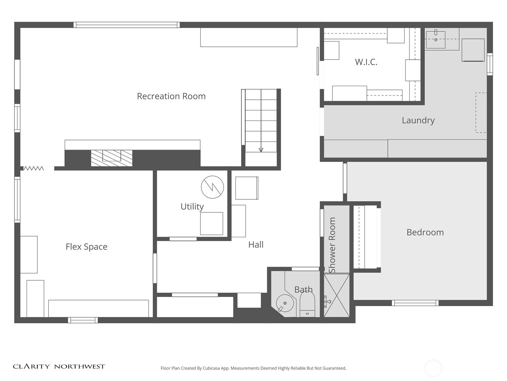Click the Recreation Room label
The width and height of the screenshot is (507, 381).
coord(171,96)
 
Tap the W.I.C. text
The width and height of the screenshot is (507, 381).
coord(366,62)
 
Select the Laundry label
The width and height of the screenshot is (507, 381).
coord(418,120)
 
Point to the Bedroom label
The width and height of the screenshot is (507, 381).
coord(425,232)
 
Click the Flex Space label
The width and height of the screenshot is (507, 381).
coord(87,247)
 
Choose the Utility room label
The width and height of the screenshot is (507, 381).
coord(192,207)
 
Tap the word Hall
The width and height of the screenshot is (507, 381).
coord(256,244)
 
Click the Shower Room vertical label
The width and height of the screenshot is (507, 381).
coord(332,245)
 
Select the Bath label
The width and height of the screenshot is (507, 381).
coord(303,289)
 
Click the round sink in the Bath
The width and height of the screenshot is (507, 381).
coord(285,303)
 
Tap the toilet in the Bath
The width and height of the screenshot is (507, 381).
coord(307,304)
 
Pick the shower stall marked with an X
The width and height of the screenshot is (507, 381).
coord(337,295)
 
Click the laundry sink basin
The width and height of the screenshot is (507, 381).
coord(436,40)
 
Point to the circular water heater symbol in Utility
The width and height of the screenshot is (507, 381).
coord(212,187)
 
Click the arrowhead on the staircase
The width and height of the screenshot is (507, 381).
coord(261,150)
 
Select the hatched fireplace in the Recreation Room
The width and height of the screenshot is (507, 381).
coord(112,158)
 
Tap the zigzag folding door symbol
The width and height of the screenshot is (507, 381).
coord(34,168)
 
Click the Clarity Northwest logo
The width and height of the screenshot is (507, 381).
coord(59,366)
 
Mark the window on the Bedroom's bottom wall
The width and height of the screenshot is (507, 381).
coord(415,303)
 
